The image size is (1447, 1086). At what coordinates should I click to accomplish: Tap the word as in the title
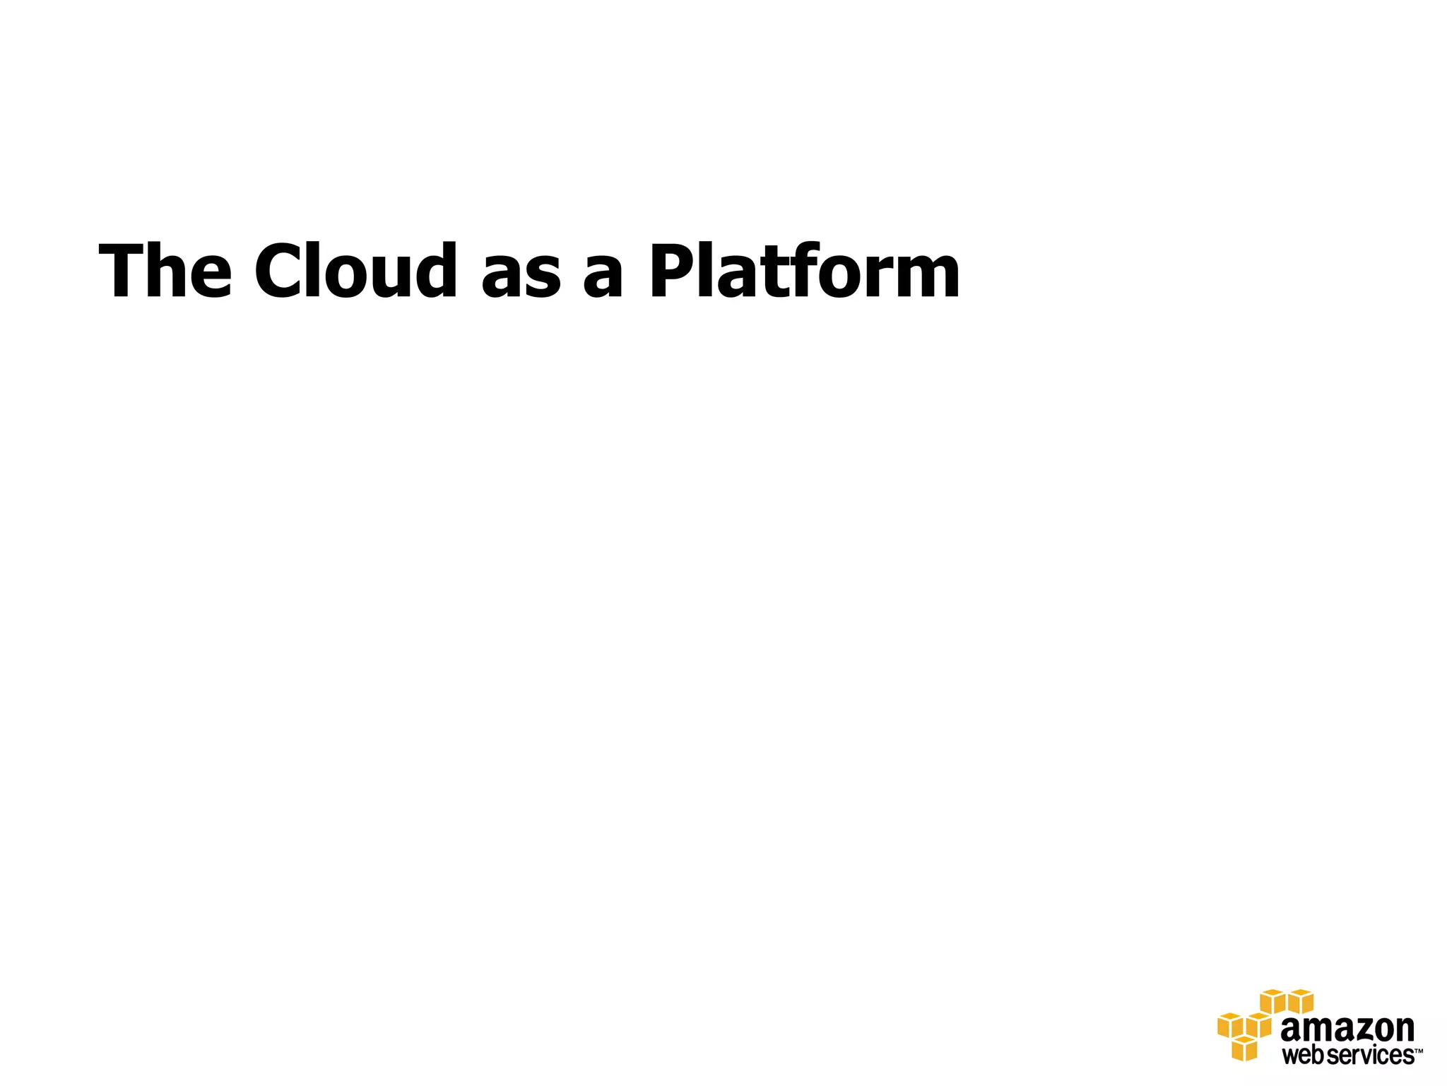(x=521, y=278)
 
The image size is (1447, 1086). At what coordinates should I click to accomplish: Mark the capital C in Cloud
(x=280, y=271)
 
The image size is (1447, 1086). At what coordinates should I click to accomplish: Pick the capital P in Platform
(x=671, y=271)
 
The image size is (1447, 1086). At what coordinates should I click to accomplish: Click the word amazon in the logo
(x=1347, y=1029)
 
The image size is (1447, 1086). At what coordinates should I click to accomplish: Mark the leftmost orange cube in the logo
(x=1229, y=1025)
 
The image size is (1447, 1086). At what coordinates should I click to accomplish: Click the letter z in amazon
(x=1353, y=1030)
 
